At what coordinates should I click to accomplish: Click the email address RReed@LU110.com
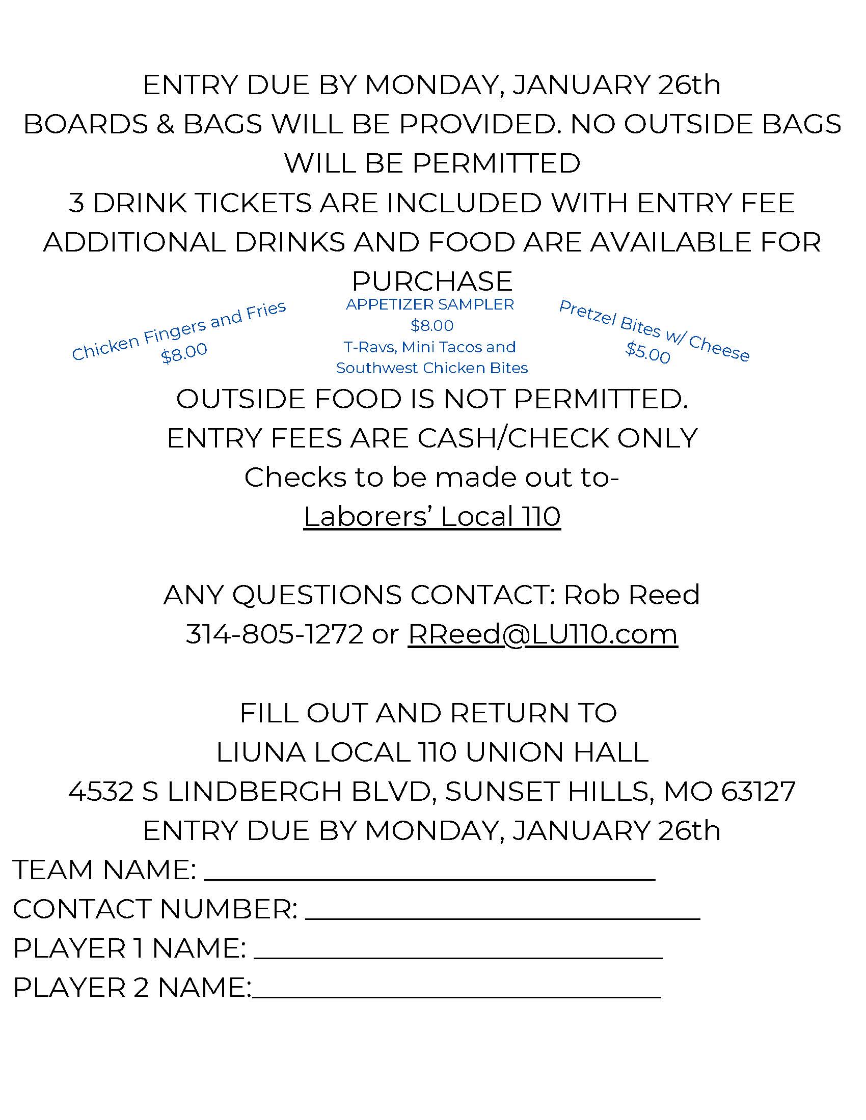click(x=543, y=634)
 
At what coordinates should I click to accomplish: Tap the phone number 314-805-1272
click(x=274, y=634)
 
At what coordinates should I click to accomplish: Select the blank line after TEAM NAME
click(x=429, y=878)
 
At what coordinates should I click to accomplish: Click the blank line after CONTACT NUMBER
click(x=502, y=917)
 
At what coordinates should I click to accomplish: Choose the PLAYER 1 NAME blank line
click(x=457, y=956)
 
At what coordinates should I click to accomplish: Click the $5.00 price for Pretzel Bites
click(x=647, y=353)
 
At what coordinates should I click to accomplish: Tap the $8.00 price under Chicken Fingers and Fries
click(x=184, y=353)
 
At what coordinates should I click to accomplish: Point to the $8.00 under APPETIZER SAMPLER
click(x=432, y=326)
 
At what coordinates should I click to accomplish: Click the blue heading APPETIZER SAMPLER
click(x=430, y=304)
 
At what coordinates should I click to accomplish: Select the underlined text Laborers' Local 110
click(x=432, y=516)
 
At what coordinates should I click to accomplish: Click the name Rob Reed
click(x=632, y=595)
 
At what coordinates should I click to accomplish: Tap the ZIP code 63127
click(x=758, y=791)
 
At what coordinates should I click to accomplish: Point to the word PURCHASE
click(x=432, y=281)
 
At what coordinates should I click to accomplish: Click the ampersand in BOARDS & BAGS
click(x=165, y=125)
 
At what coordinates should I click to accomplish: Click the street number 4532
click(x=100, y=791)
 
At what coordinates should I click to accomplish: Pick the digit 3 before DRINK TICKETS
click(x=76, y=203)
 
